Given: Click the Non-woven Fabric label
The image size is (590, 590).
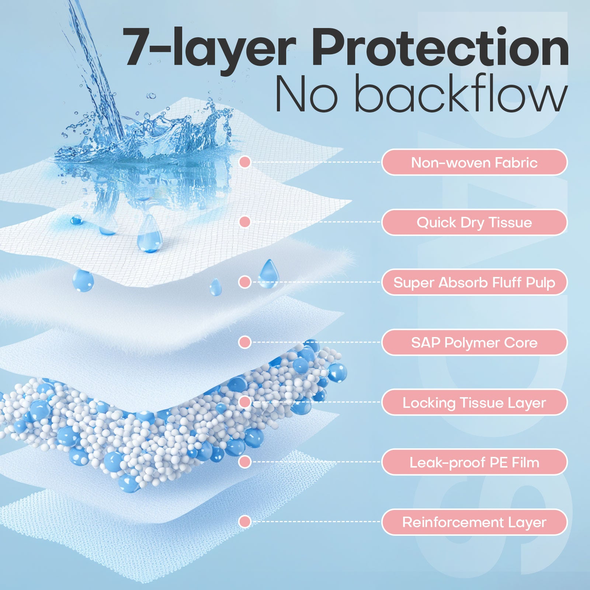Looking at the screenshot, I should pyautogui.click(x=474, y=162).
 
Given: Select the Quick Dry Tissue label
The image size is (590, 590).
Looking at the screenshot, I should pyautogui.click(x=474, y=222).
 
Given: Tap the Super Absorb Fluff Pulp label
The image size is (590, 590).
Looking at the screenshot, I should pyautogui.click(x=474, y=282).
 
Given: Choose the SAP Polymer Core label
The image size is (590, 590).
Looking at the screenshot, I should pyautogui.click(x=474, y=343).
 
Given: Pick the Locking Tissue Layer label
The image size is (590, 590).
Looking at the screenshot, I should pyautogui.click(x=474, y=402).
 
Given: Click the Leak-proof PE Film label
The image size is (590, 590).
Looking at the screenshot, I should pyautogui.click(x=474, y=462).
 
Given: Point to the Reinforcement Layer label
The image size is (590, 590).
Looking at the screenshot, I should pyautogui.click(x=474, y=522).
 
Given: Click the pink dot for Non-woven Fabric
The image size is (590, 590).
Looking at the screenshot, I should pyautogui.click(x=245, y=162).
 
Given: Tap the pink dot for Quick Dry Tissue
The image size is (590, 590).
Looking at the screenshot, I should pyautogui.click(x=245, y=222).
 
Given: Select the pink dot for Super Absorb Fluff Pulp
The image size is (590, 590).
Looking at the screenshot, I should pyautogui.click(x=245, y=282).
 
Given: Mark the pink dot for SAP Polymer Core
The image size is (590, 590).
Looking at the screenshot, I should pyautogui.click(x=245, y=342).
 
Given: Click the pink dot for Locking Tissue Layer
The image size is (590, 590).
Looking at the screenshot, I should pyautogui.click(x=245, y=402).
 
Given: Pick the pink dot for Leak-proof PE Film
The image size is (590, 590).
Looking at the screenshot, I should pyautogui.click(x=245, y=462).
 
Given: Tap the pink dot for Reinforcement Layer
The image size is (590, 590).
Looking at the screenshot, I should pyautogui.click(x=245, y=521).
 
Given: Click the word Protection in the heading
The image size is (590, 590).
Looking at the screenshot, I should pyautogui.click(x=440, y=48).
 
